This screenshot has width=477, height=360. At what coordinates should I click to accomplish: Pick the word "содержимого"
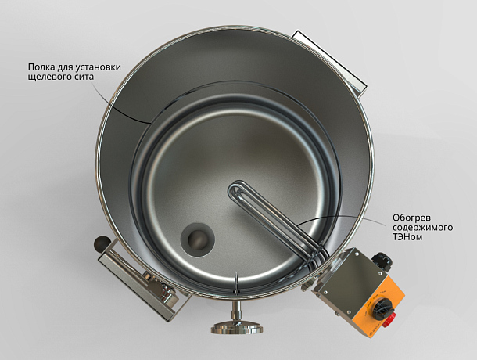point(422,228)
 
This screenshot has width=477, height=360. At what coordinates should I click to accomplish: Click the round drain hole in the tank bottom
point(198,239)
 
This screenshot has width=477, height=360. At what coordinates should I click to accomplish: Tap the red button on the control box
point(389,320)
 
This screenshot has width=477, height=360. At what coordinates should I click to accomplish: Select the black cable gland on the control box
point(381,259)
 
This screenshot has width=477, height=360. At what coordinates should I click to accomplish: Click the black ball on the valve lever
point(102,243)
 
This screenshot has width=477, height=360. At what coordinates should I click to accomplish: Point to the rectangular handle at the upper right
point(329,62)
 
